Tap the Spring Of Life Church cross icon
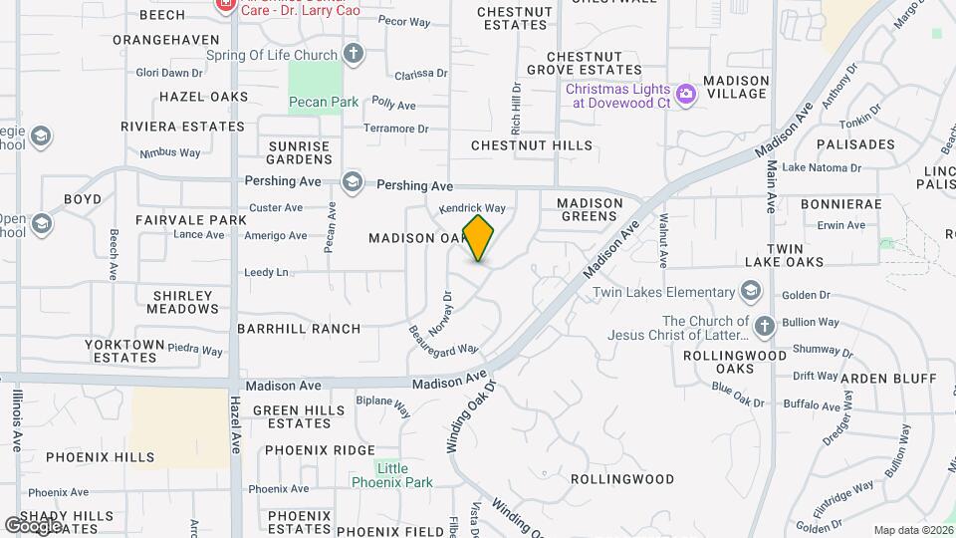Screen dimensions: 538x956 coord(353,53)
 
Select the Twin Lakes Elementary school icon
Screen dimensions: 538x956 coord(750,292)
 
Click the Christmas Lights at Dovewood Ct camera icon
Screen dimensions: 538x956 coord(685,96)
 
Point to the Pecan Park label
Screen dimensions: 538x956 coord(323,102)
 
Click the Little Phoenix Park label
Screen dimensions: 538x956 coord(391,475)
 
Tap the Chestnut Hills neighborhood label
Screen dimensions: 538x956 coord(531,145)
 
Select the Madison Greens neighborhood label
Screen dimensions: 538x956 coord(591,209)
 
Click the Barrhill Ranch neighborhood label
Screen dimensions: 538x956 coord(299,328)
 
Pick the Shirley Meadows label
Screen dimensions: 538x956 coord(183,302)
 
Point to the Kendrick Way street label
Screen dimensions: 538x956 coord(473,208)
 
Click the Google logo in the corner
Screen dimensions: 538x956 coord(33,525)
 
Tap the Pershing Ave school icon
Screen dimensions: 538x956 coord(352,181)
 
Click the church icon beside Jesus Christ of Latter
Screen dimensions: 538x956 coord(764,327)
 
